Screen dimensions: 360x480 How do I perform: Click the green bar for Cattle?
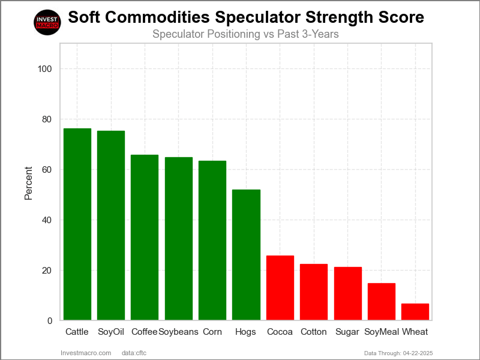tap(77, 224)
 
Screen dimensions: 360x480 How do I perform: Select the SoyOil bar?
tap(111, 226)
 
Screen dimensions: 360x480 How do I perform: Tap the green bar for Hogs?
tap(246, 255)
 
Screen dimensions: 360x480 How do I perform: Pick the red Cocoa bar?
tap(280, 288)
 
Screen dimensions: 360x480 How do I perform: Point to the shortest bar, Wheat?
tap(415, 312)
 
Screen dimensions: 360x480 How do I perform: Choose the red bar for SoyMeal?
tap(382, 302)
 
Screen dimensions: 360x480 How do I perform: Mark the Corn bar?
tap(212, 241)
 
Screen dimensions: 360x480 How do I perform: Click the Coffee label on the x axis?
tap(144, 332)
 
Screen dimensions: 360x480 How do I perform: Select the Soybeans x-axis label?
tap(178, 332)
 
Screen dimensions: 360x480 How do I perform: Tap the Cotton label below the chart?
tap(314, 332)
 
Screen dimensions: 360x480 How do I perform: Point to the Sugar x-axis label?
tap(347, 332)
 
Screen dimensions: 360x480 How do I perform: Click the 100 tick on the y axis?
tap(44, 69)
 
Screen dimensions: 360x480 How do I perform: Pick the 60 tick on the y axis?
tap(47, 170)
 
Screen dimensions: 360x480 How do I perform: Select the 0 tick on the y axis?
tap(49, 321)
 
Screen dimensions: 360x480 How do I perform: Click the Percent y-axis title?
tap(28, 182)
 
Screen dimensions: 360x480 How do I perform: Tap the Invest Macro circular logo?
tap(47, 23)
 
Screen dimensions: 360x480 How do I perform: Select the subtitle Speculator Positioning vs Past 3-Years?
tap(245, 34)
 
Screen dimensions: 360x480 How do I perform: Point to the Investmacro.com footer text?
tap(86, 353)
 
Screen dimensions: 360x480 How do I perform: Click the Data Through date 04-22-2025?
tap(419, 353)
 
